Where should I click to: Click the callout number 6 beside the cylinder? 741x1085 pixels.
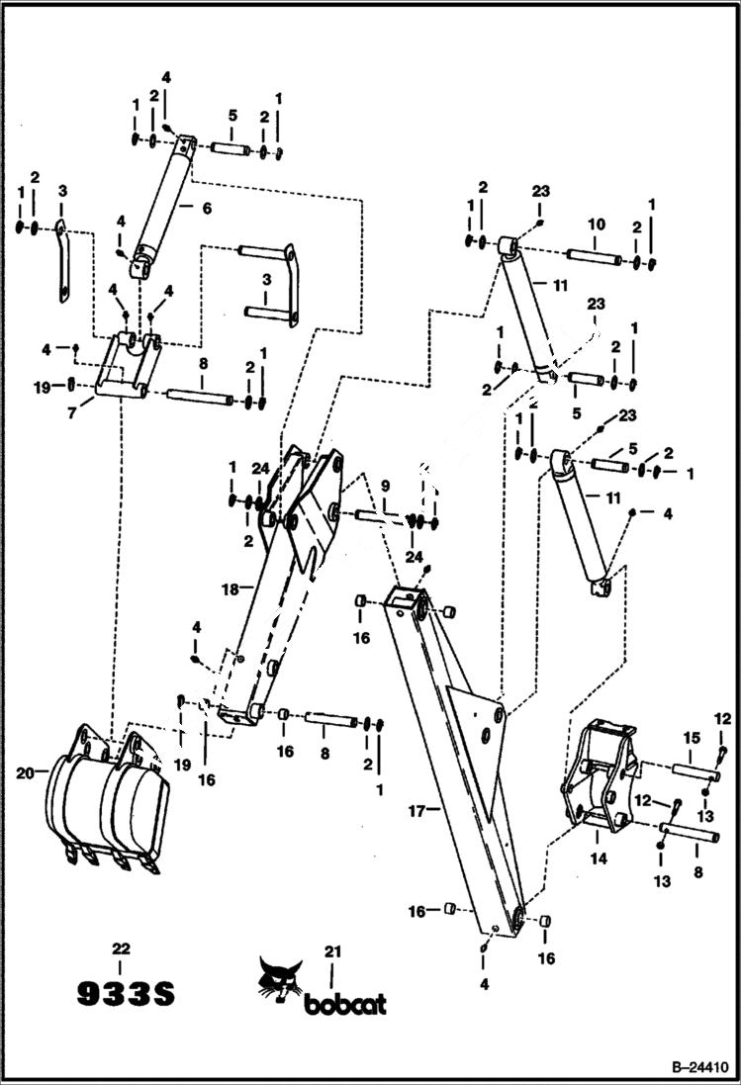[206, 208]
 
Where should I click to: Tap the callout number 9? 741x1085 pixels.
[385, 485]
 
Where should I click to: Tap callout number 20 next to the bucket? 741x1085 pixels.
[26, 772]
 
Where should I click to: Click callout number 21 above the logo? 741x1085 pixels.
[332, 951]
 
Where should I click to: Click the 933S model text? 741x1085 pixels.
[126, 993]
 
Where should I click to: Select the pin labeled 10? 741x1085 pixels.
[594, 259]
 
